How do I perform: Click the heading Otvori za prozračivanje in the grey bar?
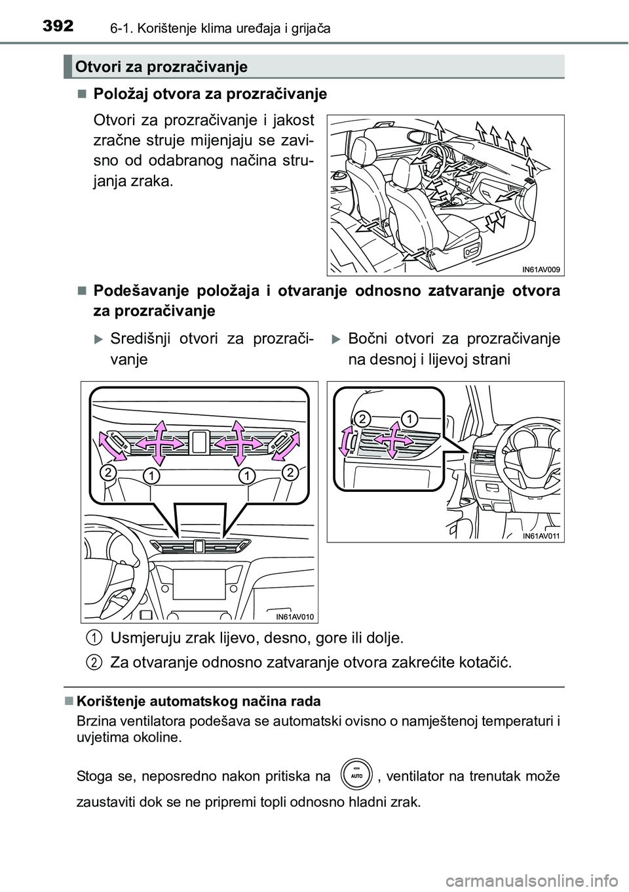point(161,66)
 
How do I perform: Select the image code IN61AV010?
point(294,615)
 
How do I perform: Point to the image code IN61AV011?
point(542,535)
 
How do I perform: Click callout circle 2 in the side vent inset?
point(364,418)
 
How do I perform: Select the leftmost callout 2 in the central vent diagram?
point(108,472)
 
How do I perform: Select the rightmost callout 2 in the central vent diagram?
point(291,472)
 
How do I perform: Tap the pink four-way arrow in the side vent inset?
point(392,439)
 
